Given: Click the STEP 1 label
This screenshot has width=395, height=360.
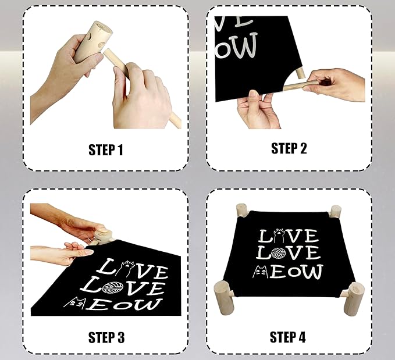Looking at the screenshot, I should pos(105,150).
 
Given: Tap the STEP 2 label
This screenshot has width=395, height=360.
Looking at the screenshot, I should pos(289,148).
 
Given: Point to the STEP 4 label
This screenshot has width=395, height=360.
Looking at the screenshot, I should pos(289,337).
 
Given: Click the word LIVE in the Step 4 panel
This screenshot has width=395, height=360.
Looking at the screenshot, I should pos(289,236).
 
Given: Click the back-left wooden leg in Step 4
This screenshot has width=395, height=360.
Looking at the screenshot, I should pos(241,210).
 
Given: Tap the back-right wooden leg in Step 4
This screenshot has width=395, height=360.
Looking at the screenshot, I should pos(335,211).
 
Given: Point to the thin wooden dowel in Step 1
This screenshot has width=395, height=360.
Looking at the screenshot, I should pos(140,87).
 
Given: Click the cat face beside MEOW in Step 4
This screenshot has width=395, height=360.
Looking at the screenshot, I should pos(260,270).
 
